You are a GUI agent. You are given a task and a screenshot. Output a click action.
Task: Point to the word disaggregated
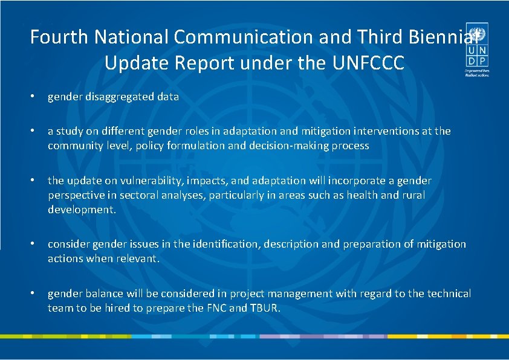point(118,97)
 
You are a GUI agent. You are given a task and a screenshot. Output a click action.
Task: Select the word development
point(81,210)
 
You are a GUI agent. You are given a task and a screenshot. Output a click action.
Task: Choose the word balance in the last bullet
point(103,294)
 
